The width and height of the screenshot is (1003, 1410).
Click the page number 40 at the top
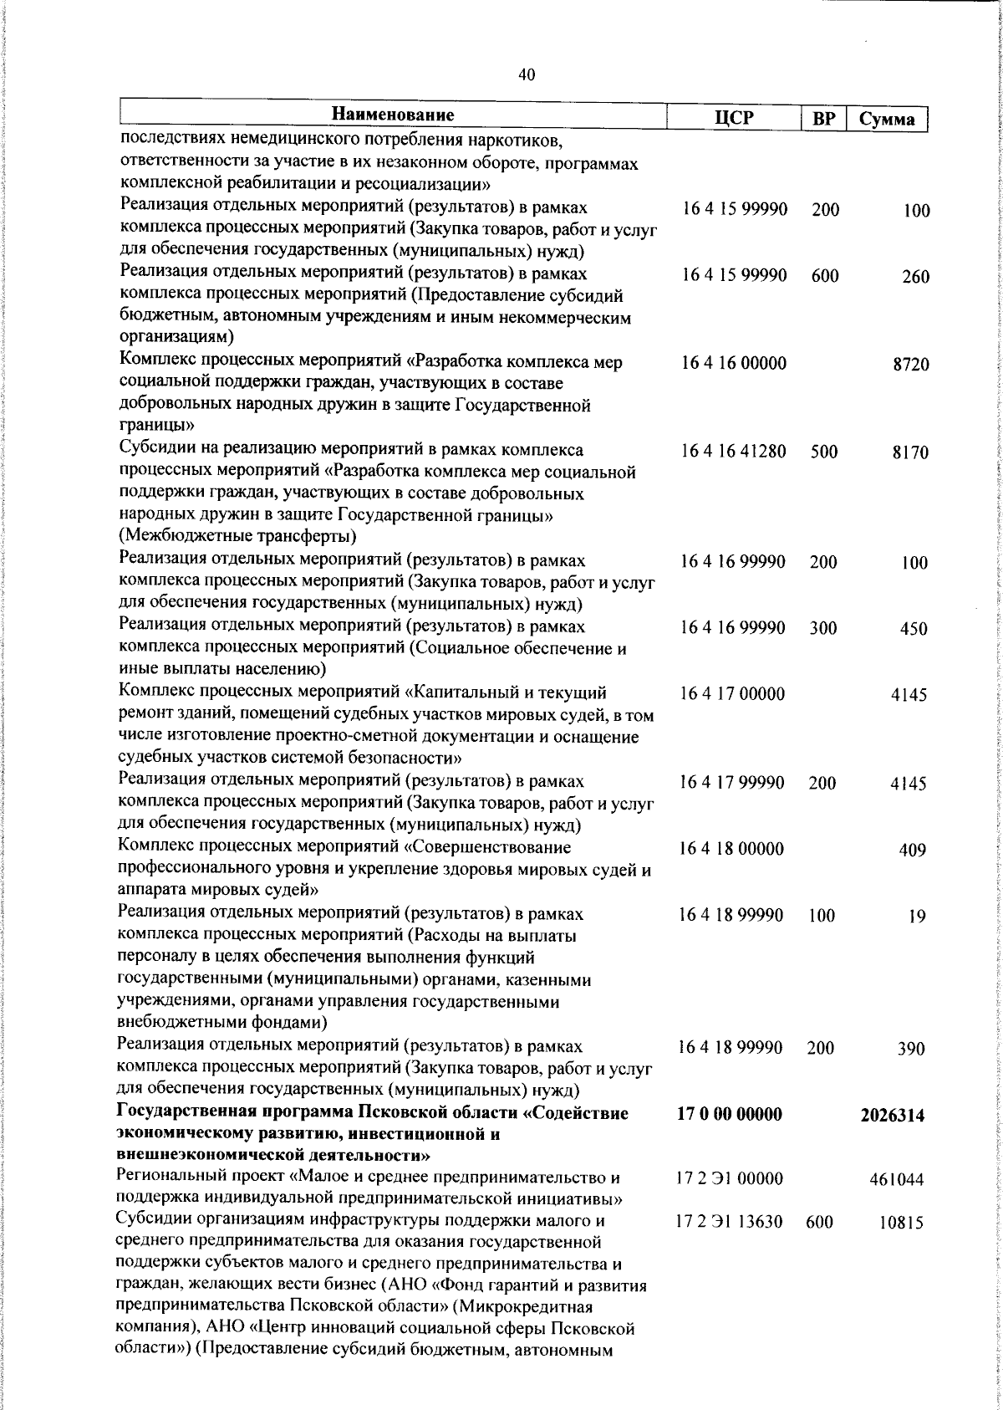(x=527, y=74)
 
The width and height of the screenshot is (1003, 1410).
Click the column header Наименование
(x=393, y=115)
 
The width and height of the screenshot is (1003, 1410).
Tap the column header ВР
(x=824, y=119)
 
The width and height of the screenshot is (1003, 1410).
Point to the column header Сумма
(x=887, y=119)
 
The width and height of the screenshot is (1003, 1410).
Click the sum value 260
(x=915, y=277)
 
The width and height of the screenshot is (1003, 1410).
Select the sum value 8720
(x=910, y=365)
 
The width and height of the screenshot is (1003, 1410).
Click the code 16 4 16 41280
(x=734, y=452)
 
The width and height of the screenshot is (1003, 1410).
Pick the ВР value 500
(x=823, y=452)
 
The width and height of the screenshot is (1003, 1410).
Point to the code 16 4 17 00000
(x=733, y=694)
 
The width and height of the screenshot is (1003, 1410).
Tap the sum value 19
(x=917, y=916)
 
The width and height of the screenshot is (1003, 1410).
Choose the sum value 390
(x=911, y=1049)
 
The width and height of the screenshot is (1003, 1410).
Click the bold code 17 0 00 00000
(x=731, y=1114)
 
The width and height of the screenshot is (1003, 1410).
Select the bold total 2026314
(x=893, y=1115)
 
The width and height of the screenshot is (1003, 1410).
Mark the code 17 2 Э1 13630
(x=730, y=1223)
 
